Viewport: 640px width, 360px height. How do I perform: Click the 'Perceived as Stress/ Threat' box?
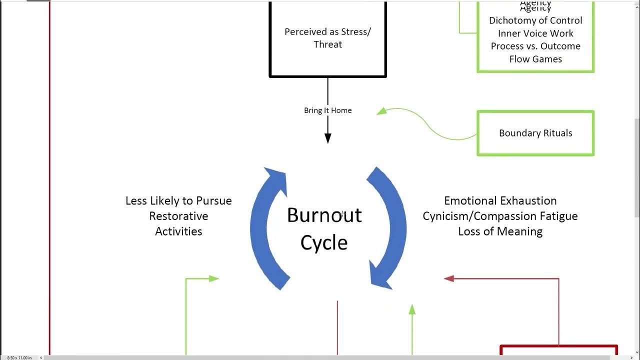coord(328,38)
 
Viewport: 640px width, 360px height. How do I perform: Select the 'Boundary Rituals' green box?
coord(535,133)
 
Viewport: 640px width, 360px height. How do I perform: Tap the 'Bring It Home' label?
coord(327,110)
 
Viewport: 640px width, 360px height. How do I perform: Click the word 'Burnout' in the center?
coord(324,215)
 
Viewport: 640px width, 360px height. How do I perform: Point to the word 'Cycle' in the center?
coord(323,243)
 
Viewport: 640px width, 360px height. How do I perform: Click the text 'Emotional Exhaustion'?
coord(500,201)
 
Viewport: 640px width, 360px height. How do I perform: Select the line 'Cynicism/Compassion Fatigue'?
coord(500,216)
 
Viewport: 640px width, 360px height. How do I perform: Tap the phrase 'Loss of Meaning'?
coord(500,231)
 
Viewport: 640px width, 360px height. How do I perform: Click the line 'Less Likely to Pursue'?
coord(178,201)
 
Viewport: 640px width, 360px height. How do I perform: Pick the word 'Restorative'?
coord(178,216)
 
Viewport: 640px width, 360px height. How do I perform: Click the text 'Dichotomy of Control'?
coord(535,20)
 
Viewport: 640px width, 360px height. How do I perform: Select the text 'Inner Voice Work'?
coord(535,33)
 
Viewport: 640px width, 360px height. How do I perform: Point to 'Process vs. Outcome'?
coord(535,46)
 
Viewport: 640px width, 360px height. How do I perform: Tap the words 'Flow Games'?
coord(535,59)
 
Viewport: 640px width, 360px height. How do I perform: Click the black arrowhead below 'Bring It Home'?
coord(328,138)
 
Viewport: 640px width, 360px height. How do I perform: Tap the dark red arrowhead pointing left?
coord(449,278)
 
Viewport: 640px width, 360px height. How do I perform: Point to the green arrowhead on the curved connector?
coord(381,111)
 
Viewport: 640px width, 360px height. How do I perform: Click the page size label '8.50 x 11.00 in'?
coord(19,357)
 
